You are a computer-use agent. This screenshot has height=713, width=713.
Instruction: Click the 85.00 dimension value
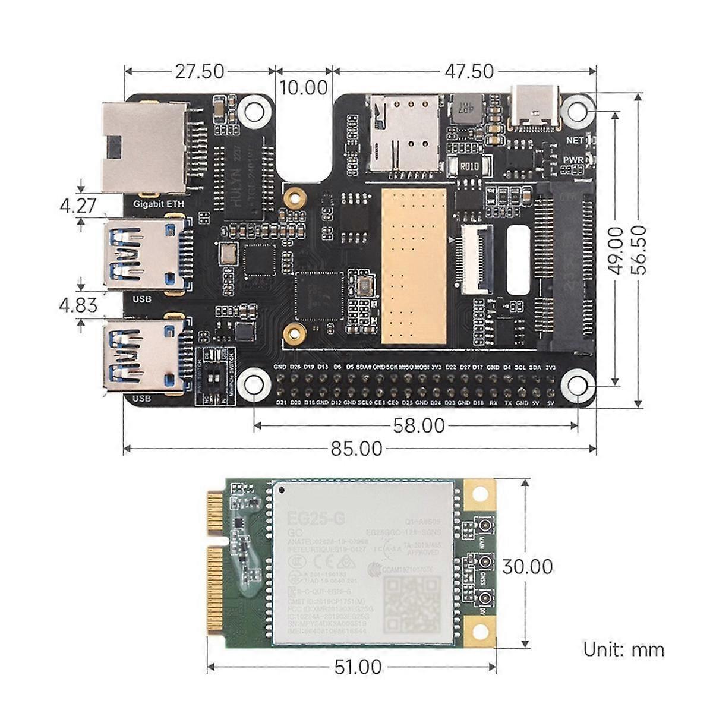click(x=356, y=449)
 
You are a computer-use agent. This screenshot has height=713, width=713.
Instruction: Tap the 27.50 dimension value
click(x=200, y=71)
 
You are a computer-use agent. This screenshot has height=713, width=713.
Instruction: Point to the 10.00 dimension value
click(x=304, y=87)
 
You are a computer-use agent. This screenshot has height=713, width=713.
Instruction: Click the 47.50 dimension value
click(x=469, y=71)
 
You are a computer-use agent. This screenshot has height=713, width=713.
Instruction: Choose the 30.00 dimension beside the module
click(x=527, y=566)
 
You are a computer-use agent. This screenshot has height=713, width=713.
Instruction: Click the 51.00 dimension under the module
click(x=357, y=667)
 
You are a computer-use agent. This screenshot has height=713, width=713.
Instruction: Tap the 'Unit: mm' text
click(x=623, y=649)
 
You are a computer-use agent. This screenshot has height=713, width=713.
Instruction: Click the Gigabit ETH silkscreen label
click(x=158, y=204)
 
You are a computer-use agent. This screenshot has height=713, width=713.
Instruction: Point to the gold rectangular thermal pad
click(x=414, y=266)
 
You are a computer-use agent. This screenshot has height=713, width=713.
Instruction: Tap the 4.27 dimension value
click(x=78, y=206)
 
